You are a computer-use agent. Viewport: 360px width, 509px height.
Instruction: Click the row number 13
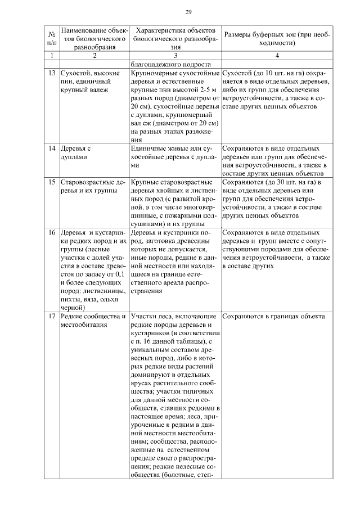pos(51,74)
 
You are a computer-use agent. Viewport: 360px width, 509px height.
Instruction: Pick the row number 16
pos(51,233)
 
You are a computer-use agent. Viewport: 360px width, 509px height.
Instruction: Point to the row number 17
pos(51,316)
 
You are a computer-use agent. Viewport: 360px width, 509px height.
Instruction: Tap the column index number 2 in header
pos(94,56)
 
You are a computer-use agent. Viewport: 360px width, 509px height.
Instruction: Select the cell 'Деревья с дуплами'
pos(79,153)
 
